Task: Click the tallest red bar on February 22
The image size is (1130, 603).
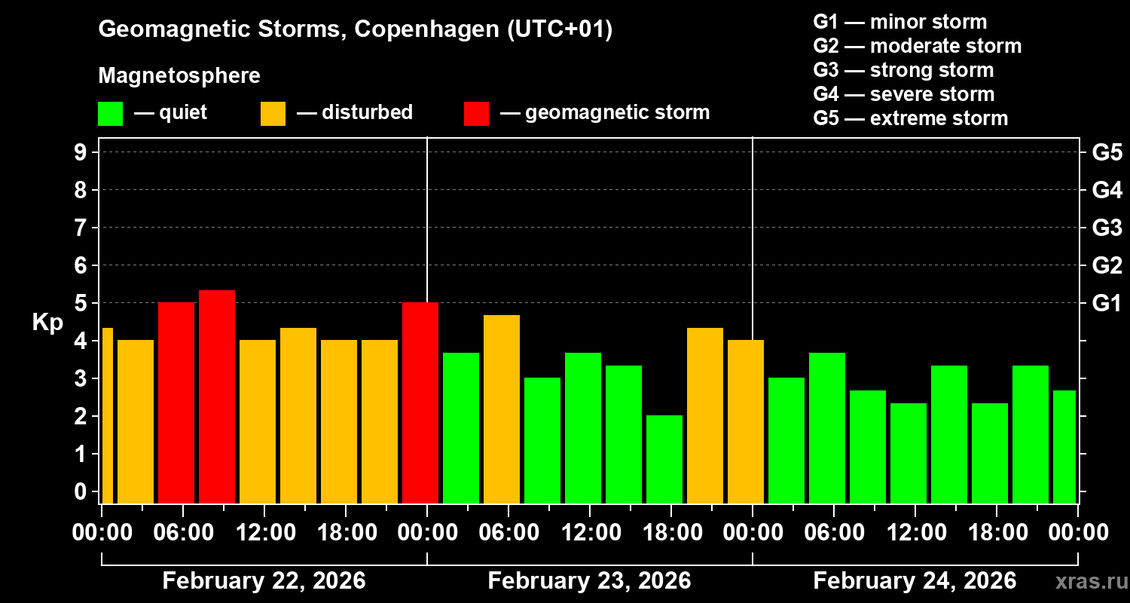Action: (217, 396)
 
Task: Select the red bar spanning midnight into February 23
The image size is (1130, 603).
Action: (420, 403)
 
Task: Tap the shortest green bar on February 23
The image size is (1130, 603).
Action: (664, 459)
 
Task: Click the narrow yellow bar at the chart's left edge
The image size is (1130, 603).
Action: (107, 415)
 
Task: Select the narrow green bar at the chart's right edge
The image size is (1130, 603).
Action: (1064, 446)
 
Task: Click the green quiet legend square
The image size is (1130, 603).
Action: (110, 114)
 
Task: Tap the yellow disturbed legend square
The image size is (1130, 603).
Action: (273, 114)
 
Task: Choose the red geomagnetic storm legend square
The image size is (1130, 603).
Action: (476, 114)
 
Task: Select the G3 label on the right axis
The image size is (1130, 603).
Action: (1107, 228)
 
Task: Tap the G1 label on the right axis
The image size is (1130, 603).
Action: (1107, 303)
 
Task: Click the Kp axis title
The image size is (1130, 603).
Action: (47, 322)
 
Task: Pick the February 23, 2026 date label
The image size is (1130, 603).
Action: (589, 581)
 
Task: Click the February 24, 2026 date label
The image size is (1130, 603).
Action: (915, 581)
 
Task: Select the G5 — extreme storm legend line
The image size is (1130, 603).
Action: (910, 118)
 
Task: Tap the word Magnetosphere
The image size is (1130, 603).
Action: (179, 76)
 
